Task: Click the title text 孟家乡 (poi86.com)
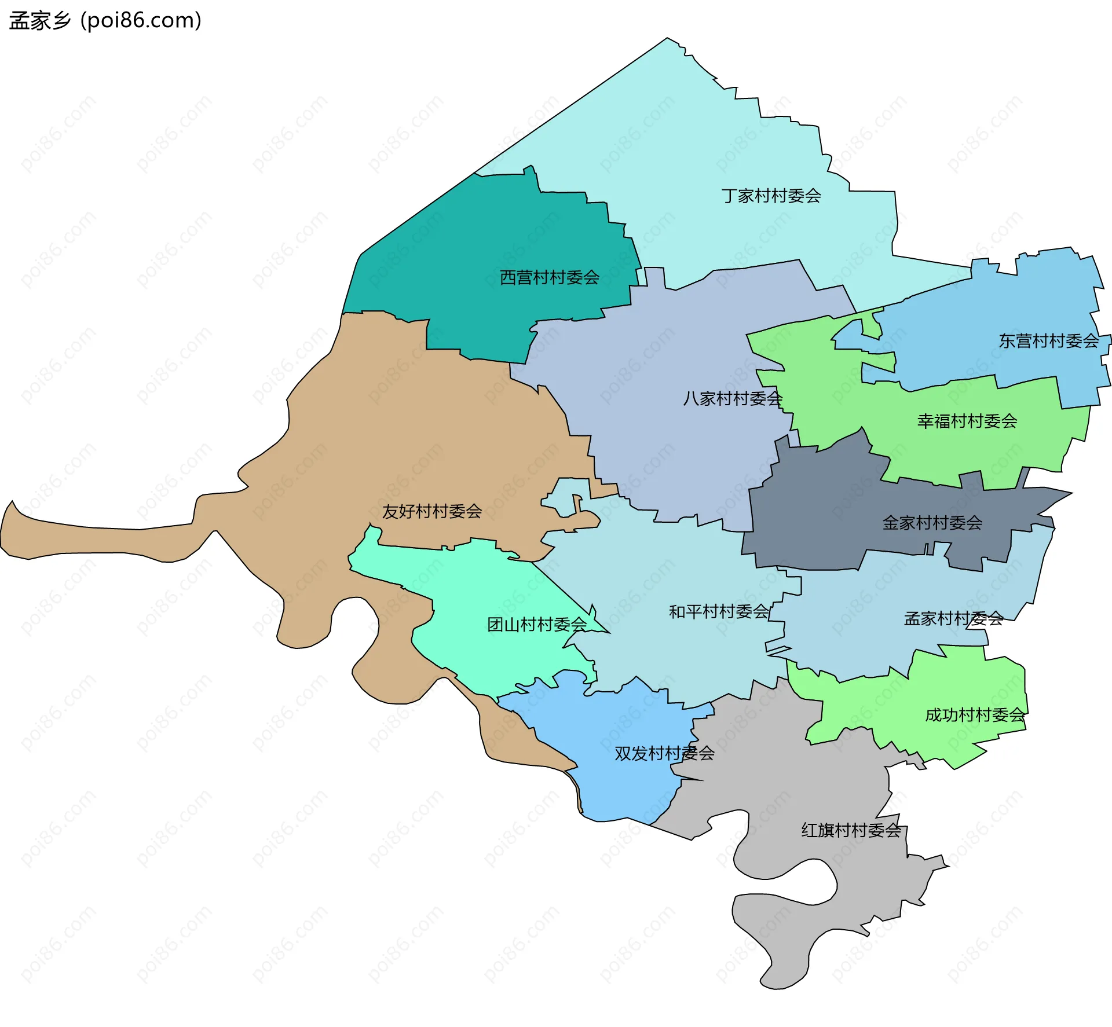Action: [105, 20]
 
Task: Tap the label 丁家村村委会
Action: [771, 196]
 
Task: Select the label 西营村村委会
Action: [549, 278]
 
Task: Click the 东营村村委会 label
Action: [1048, 341]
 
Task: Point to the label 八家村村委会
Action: [733, 399]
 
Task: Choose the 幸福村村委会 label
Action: [967, 421]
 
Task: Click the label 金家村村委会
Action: [932, 523]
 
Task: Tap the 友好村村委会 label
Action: [431, 512]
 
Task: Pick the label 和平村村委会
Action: [719, 612]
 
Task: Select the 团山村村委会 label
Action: [537, 625]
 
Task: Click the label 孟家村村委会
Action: [953, 619]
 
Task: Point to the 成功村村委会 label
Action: [975, 716]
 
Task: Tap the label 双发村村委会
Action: [664, 754]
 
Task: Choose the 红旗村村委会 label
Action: [851, 831]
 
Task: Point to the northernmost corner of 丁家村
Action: [667, 39]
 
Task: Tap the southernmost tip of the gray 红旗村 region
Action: [773, 988]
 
